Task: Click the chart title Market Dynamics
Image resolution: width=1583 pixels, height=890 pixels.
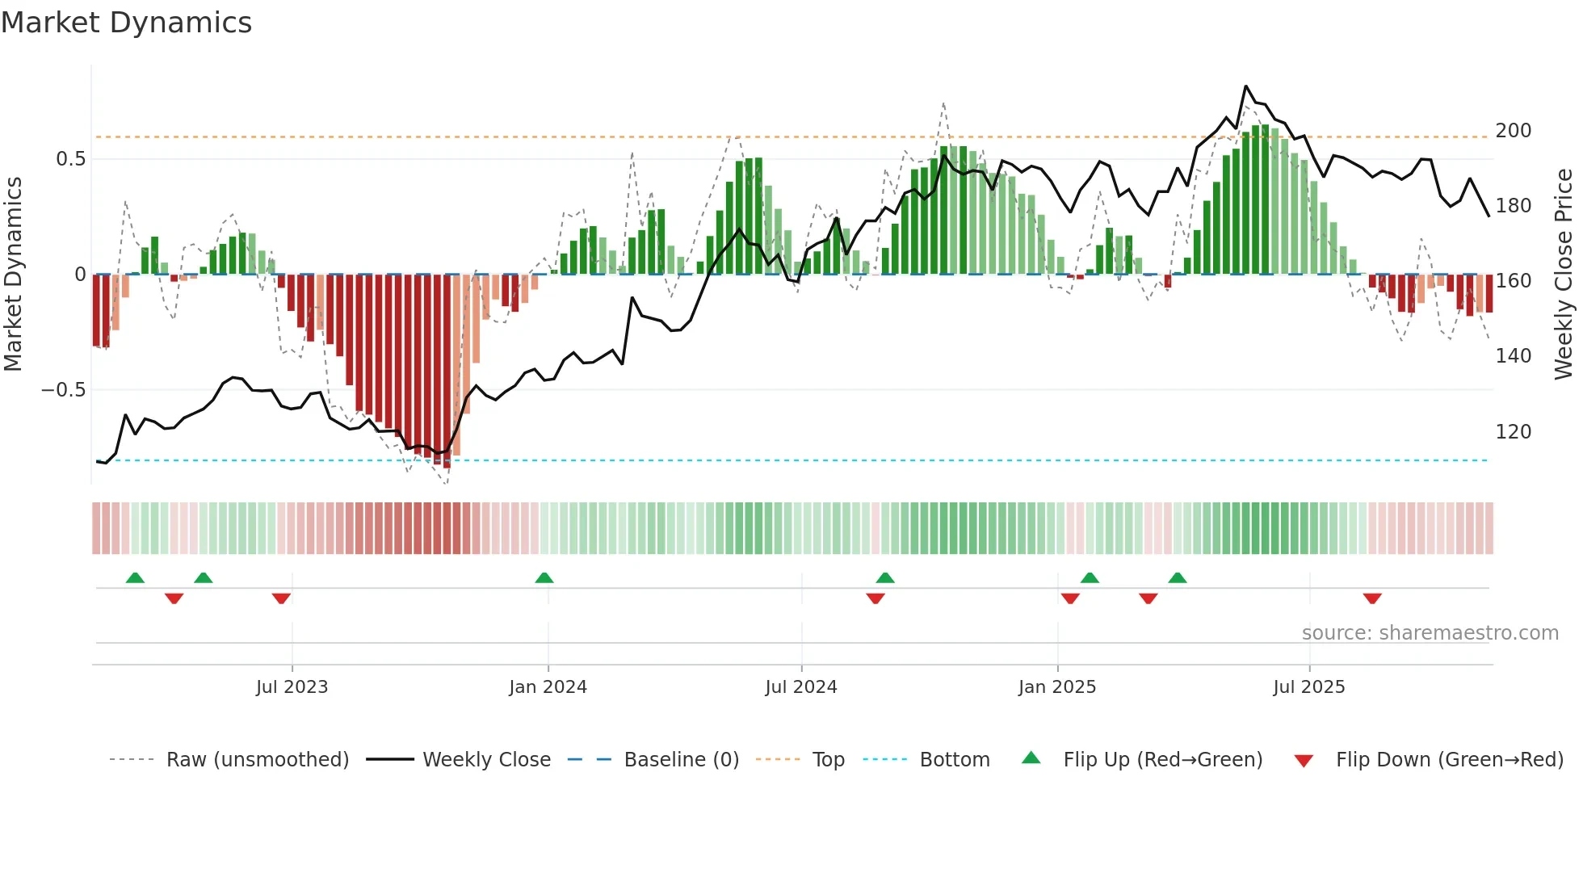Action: (126, 23)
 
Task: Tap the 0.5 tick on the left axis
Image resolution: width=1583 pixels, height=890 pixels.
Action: (70, 159)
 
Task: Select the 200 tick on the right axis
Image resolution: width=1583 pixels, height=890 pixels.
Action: (1513, 131)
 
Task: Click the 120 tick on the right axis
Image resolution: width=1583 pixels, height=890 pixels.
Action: (1513, 432)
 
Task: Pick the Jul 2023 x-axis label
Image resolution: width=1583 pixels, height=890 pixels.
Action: (292, 687)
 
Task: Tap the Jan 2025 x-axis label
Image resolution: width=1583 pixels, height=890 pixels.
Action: (1056, 687)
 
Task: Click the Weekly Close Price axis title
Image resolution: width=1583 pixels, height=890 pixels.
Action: (1564, 275)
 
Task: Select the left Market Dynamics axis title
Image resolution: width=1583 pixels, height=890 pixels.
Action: (13, 275)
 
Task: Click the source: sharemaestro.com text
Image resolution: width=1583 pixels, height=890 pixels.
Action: (1430, 633)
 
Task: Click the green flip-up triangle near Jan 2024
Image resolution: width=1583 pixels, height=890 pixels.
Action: (544, 578)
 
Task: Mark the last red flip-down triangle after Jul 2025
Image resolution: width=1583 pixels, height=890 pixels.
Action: (1371, 598)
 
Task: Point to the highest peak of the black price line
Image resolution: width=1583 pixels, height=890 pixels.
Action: (1245, 86)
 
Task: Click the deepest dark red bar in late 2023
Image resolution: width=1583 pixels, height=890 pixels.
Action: (447, 372)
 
